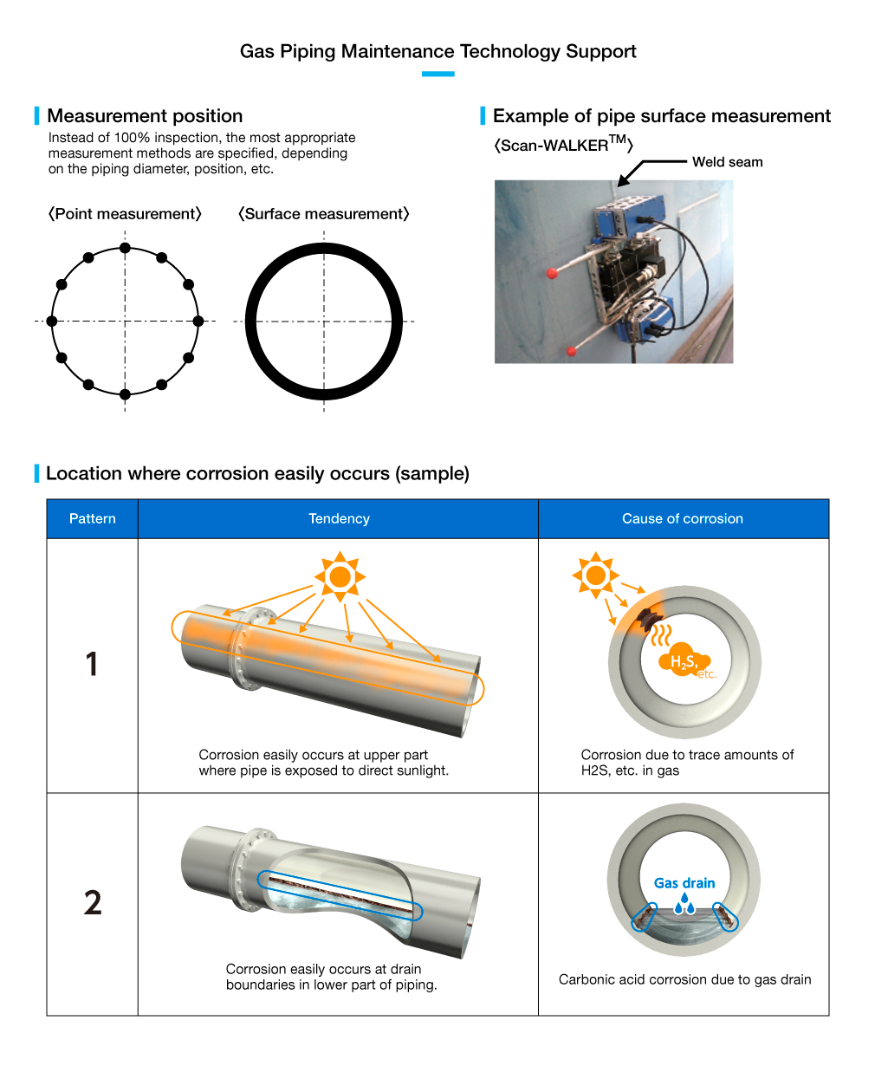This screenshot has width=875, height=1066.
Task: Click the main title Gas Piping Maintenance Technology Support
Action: tap(437, 51)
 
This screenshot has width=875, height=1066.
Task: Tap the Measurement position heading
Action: tap(145, 116)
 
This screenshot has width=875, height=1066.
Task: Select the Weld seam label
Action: tap(727, 162)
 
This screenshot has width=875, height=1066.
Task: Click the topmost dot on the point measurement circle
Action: tap(125, 248)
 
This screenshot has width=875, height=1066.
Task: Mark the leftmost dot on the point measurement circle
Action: tap(51, 321)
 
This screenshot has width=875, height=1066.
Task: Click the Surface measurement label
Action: tap(323, 214)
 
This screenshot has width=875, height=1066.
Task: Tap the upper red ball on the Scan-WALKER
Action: tap(552, 274)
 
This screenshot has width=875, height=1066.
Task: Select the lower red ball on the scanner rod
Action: tap(572, 351)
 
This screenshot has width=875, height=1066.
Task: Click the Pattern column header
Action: tap(93, 518)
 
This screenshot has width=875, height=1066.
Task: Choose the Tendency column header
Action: tap(339, 518)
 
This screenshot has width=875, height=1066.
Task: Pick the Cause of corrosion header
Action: tap(683, 518)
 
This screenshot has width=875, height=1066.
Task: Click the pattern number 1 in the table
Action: tap(92, 664)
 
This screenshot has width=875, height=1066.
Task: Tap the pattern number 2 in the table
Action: tap(93, 903)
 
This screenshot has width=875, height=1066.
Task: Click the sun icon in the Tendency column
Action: tap(340, 576)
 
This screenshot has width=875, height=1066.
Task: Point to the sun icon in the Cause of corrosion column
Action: tap(596, 575)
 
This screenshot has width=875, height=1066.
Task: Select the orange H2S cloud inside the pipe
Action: tap(685, 660)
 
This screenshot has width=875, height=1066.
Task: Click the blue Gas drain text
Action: tap(684, 883)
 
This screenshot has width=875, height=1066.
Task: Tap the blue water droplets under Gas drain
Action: tap(684, 903)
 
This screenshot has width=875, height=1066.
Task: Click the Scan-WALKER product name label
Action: tap(563, 145)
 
